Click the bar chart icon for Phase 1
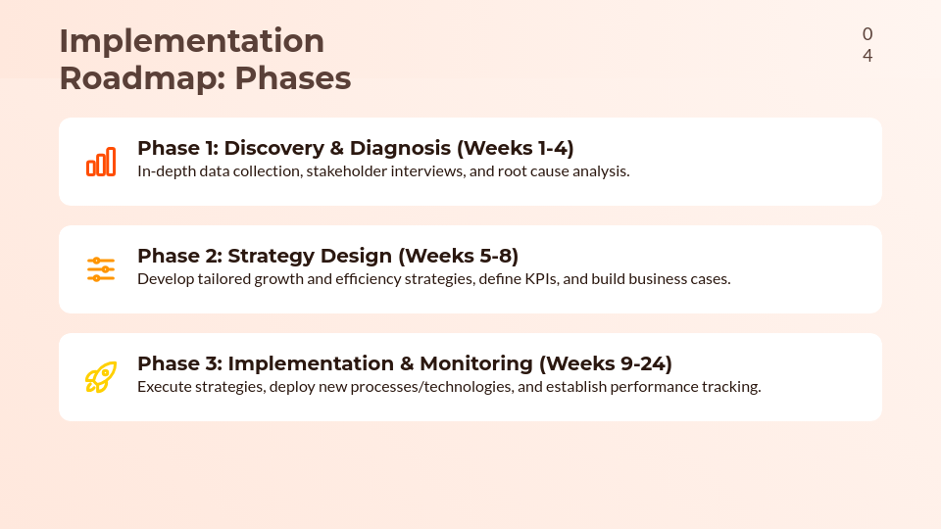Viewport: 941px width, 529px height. (101, 162)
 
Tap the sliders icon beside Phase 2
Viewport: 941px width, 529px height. (101, 269)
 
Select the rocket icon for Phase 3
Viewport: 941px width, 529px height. (101, 377)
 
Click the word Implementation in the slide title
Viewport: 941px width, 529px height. (191, 41)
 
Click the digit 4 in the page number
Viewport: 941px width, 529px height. (867, 56)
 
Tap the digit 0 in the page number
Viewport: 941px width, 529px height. (867, 34)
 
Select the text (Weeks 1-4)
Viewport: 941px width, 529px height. (515, 148)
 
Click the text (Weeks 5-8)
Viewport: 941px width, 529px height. (458, 256)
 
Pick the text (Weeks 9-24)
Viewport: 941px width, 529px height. (606, 363)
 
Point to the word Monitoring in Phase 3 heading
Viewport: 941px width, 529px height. (476, 363)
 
